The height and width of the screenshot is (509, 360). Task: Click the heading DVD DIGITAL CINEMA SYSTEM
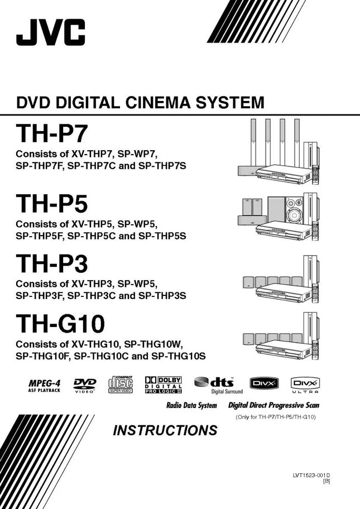pos(140,103)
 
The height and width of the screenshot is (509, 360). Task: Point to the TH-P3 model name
pos(52,263)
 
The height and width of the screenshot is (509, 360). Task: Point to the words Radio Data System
pos(191,406)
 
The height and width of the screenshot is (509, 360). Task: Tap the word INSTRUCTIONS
pos(165,430)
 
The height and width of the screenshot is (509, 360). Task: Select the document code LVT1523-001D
pos(315,476)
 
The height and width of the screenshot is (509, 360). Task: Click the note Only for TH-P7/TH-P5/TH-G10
pos(276,417)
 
